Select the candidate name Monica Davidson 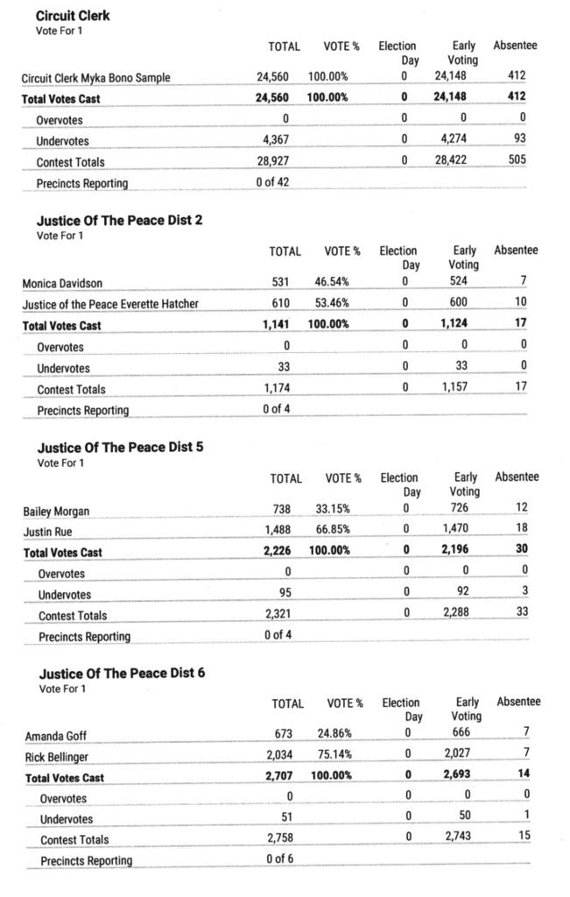(59, 283)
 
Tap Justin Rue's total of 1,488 (279, 531)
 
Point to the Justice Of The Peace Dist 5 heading (122, 447)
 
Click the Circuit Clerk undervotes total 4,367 (273, 140)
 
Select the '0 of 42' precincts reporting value (274, 182)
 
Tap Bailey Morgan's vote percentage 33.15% (333, 510)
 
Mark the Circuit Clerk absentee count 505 (517, 161)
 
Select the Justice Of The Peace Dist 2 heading (120, 220)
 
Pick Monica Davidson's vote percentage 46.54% (332, 283)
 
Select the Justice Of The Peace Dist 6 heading (123, 674)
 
